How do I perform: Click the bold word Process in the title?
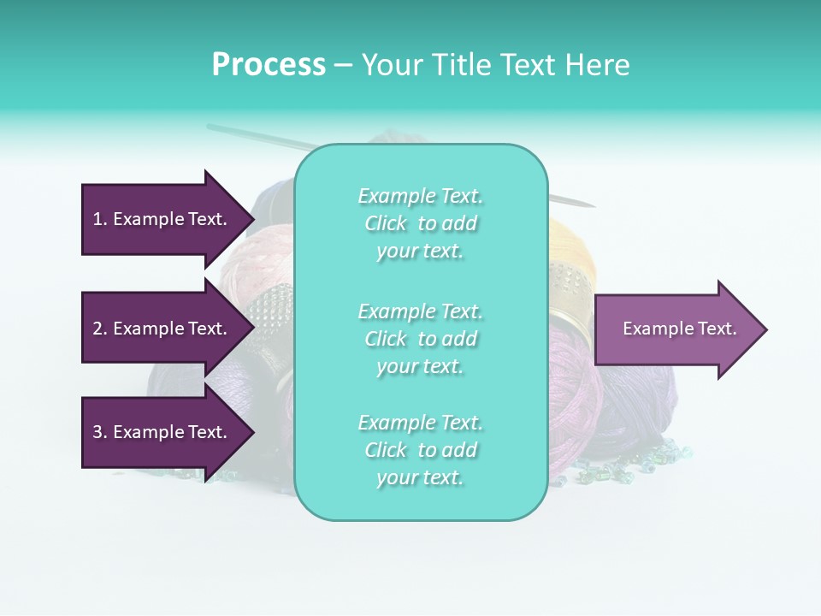click(269, 65)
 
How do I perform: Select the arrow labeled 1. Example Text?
click(162, 219)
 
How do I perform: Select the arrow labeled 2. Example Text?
click(162, 329)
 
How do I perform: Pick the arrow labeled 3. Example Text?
click(162, 432)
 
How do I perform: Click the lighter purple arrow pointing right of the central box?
click(676, 329)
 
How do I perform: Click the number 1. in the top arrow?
click(100, 219)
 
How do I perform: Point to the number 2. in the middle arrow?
click(100, 329)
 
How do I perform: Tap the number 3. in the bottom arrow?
click(100, 432)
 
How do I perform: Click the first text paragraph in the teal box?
click(420, 223)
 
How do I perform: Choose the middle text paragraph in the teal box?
click(420, 339)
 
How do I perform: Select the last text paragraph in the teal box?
click(420, 450)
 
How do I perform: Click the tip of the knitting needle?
click(593, 206)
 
